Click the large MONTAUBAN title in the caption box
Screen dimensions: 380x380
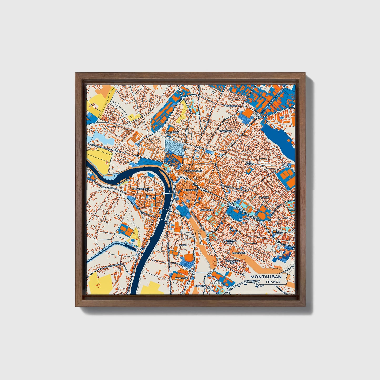click(266, 277)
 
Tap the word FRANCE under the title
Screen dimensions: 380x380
click(273, 282)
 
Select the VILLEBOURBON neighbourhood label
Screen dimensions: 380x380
click(140, 189)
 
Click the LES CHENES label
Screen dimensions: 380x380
click(249, 163)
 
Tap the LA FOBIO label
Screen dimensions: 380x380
click(244, 219)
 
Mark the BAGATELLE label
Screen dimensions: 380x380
click(181, 278)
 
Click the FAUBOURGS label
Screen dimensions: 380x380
click(206, 210)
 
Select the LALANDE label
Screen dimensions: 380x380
click(264, 197)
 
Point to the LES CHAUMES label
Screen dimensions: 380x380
click(278, 232)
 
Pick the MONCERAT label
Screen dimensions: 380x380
click(201, 286)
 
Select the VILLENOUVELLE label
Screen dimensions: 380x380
click(193, 171)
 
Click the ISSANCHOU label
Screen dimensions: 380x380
click(172, 133)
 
